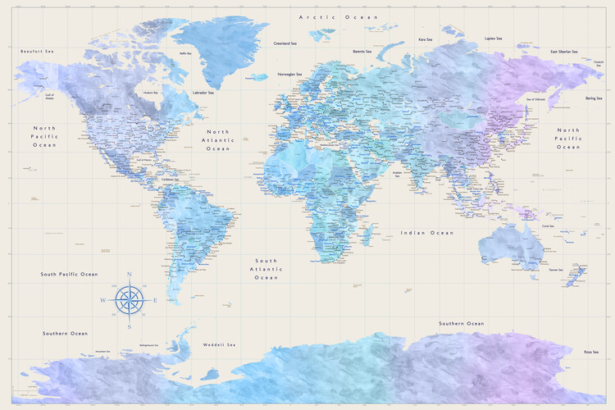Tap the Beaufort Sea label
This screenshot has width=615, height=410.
click(x=37, y=51)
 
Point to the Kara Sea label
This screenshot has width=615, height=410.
click(x=425, y=39)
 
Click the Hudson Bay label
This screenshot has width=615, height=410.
click(x=151, y=93)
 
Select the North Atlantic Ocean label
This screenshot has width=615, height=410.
click(x=218, y=140)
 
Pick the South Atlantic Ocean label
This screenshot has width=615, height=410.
click(x=266, y=268)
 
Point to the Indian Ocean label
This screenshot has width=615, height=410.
click(x=426, y=233)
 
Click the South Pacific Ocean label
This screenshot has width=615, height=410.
click(x=70, y=274)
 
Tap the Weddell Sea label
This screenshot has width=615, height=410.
click(x=220, y=344)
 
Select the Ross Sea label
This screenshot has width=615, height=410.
click(x=590, y=351)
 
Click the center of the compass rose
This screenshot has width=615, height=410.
click(x=129, y=300)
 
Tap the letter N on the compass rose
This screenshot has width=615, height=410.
click(x=129, y=275)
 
